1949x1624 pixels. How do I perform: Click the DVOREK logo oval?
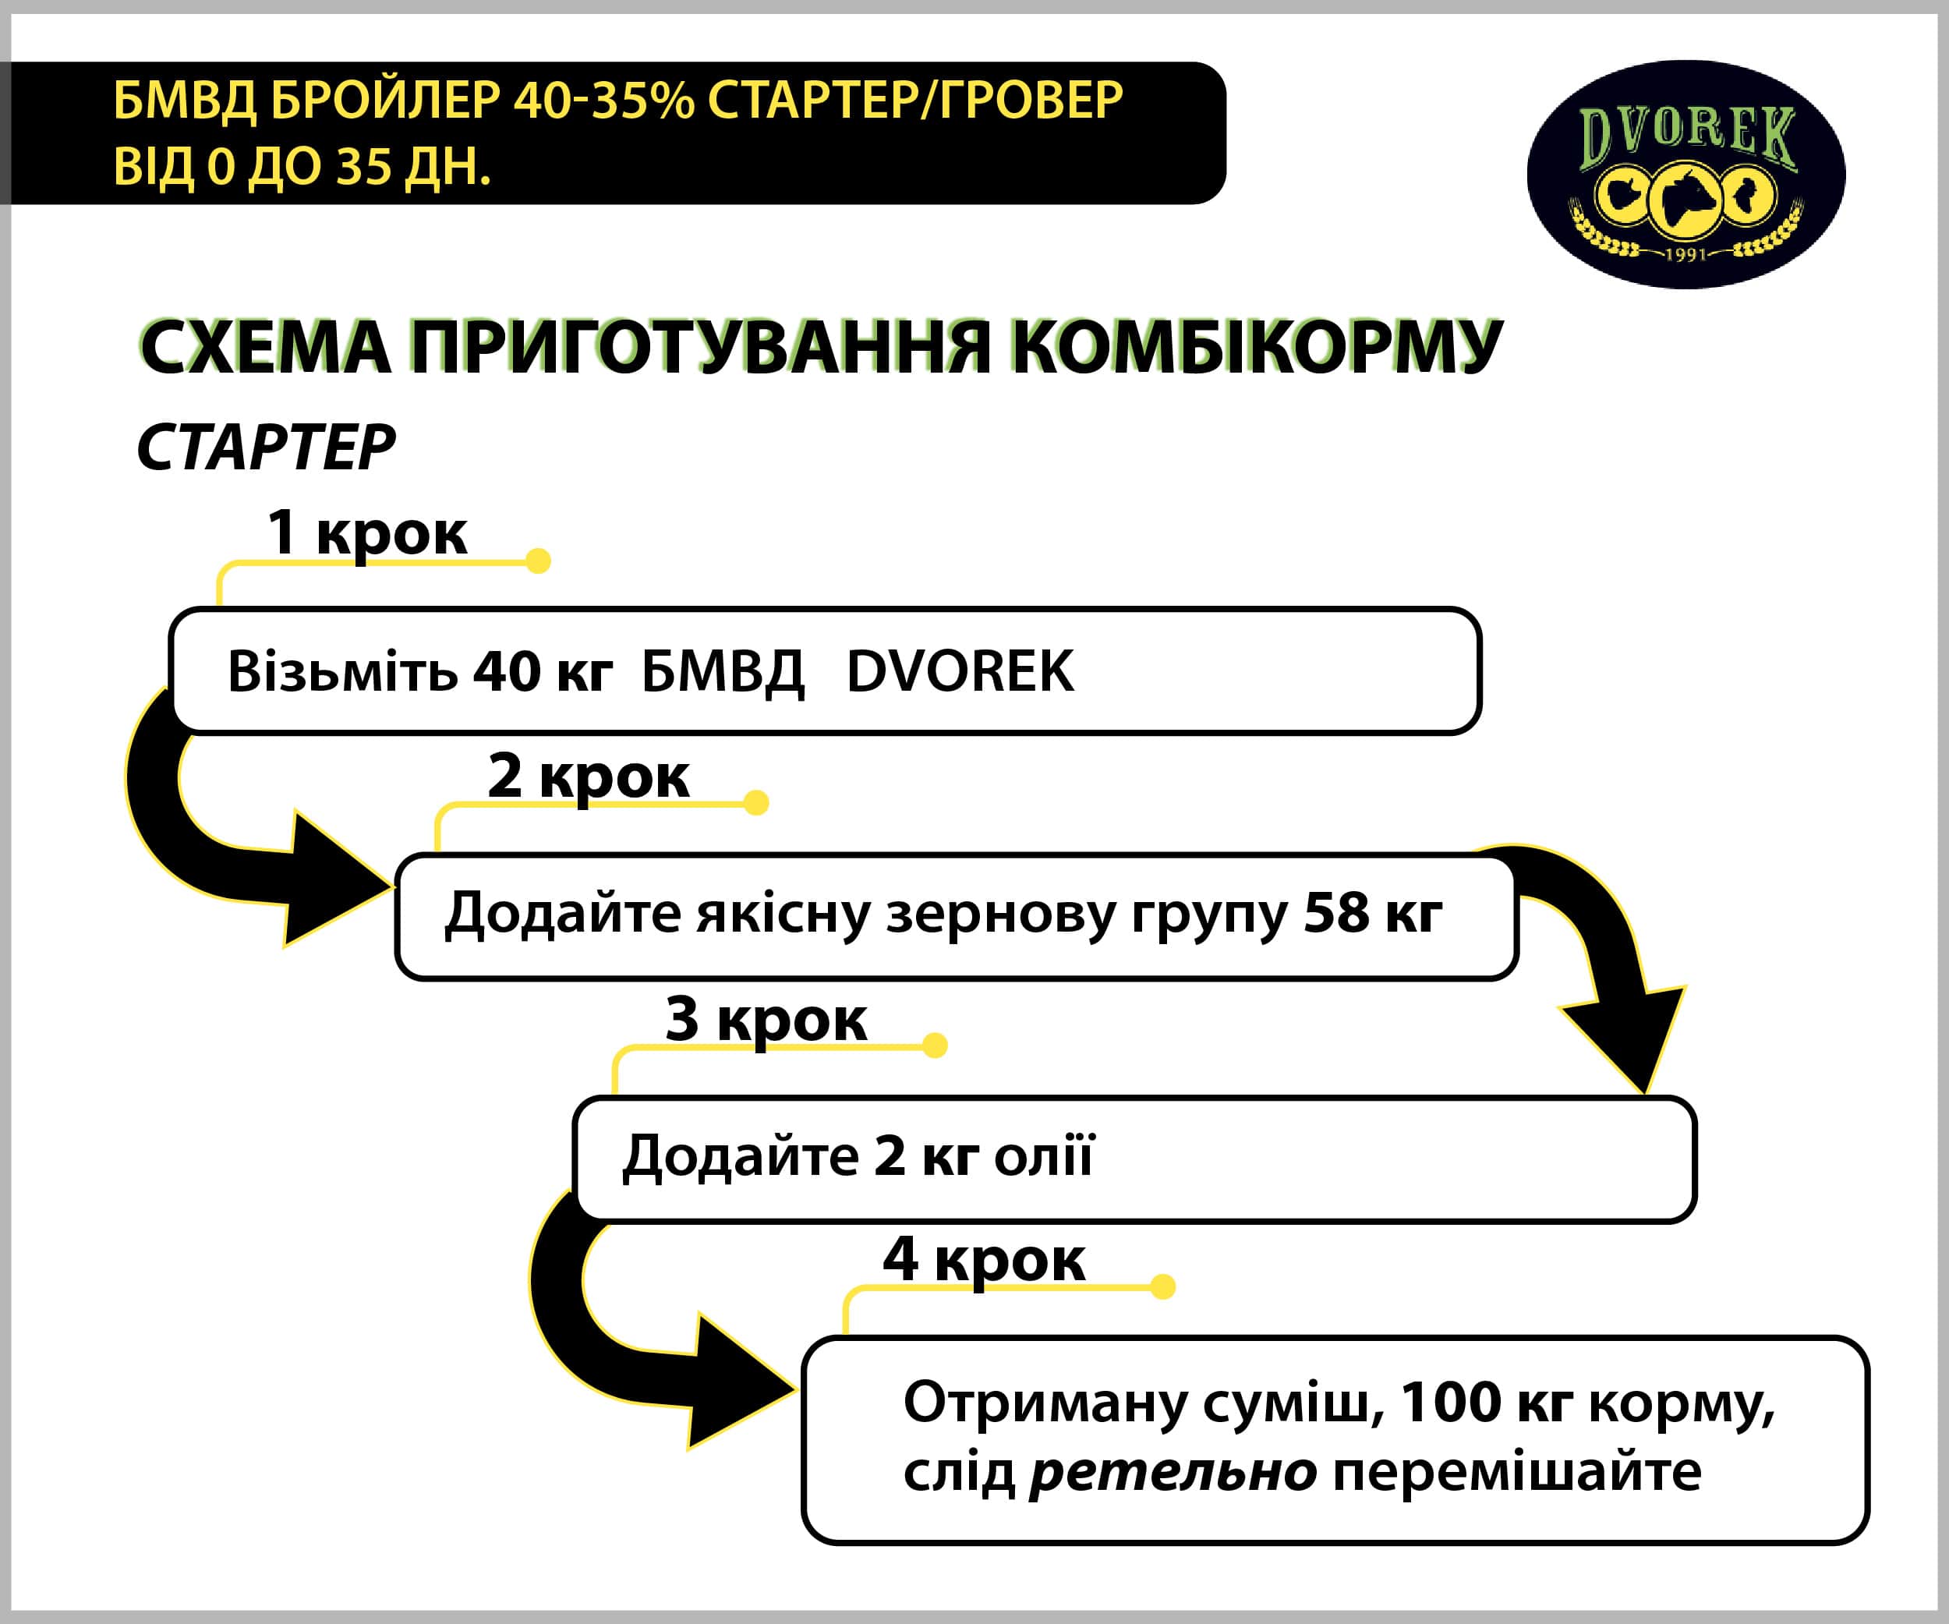1685,174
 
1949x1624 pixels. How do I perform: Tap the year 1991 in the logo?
1685,253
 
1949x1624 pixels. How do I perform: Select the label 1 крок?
366,533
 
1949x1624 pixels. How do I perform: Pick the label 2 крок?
589,776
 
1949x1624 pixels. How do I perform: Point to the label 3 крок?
766,1019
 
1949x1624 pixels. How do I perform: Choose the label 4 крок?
984,1259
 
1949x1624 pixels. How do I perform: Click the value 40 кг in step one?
542,671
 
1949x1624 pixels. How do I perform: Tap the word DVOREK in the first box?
960,671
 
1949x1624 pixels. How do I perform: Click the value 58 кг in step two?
1373,913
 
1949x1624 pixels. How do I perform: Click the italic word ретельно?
1173,1472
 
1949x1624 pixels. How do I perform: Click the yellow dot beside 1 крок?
538,561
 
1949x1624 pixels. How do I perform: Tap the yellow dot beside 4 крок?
1162,1286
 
